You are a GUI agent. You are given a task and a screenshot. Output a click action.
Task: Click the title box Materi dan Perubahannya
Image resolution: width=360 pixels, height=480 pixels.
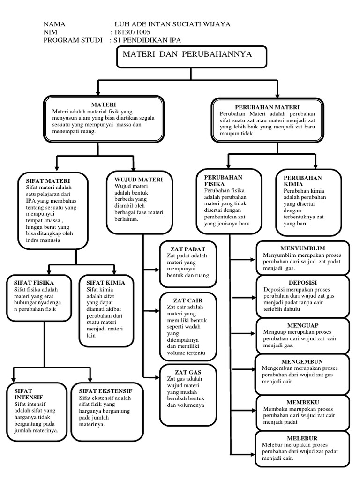click(187, 55)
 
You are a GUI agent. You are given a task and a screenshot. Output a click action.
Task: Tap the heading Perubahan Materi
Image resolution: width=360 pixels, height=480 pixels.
click(267, 107)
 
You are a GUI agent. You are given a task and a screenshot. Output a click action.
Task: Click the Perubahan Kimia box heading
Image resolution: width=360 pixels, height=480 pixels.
click(302, 181)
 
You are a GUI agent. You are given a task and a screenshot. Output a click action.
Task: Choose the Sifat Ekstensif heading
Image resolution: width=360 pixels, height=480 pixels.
click(105, 391)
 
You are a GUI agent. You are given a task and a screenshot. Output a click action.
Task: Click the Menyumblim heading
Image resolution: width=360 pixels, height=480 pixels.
click(302, 248)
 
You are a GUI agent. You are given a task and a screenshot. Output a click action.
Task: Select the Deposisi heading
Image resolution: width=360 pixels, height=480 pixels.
click(302, 283)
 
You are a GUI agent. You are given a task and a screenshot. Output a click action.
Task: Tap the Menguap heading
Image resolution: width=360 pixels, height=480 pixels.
click(302, 325)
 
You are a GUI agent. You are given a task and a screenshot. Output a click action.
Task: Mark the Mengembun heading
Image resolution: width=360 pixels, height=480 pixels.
click(302, 361)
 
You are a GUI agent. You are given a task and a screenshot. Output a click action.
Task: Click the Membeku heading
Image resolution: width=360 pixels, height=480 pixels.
click(302, 402)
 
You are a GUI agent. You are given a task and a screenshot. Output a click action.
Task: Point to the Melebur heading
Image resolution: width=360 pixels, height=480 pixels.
click(302, 438)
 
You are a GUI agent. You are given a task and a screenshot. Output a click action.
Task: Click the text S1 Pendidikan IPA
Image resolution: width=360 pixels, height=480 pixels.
click(147, 40)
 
